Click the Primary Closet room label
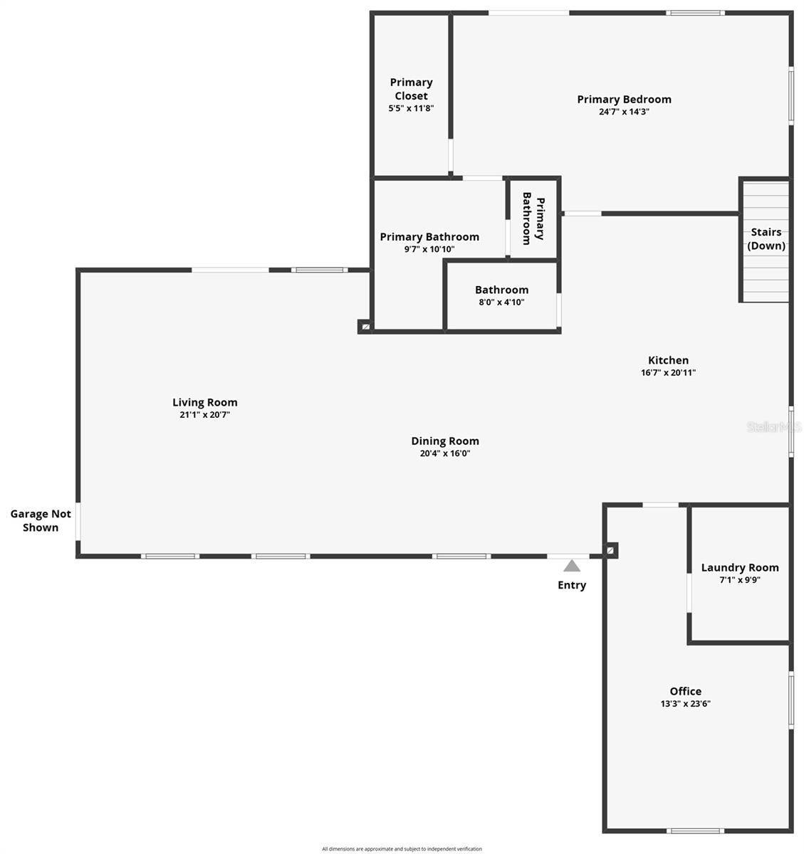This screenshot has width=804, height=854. (x=411, y=89)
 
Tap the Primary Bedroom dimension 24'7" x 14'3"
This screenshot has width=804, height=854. (x=624, y=112)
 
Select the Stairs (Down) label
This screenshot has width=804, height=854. (x=766, y=239)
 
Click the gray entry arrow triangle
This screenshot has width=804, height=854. (x=572, y=566)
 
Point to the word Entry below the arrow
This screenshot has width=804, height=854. (x=572, y=585)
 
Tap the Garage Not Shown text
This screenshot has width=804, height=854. (x=41, y=521)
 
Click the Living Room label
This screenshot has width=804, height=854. (x=205, y=402)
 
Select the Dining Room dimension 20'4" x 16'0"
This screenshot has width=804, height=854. (x=445, y=453)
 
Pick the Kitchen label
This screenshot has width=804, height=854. (x=668, y=360)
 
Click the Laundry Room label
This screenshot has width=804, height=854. (x=740, y=567)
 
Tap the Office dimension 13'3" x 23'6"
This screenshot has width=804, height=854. (x=685, y=704)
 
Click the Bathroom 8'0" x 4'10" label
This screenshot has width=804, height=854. (x=501, y=295)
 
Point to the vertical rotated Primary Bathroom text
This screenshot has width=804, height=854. (x=533, y=218)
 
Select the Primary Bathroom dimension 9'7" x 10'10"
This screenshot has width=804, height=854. (x=429, y=249)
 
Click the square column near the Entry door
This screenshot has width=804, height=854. (x=610, y=550)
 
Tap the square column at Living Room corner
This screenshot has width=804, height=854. (x=365, y=327)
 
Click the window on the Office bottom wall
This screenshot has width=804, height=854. (x=696, y=831)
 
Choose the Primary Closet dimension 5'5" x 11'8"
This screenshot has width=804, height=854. (x=411, y=109)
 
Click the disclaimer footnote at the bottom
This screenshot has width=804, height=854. (x=402, y=848)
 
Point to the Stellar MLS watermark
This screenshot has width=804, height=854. (x=773, y=427)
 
